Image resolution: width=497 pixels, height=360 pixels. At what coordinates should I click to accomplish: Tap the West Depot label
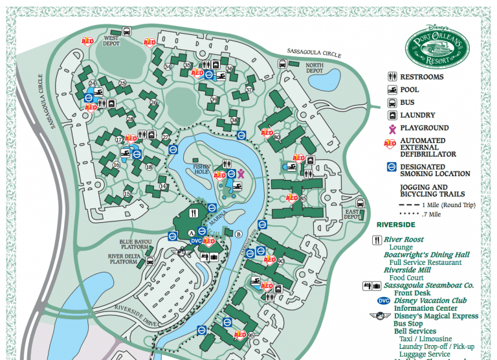113,41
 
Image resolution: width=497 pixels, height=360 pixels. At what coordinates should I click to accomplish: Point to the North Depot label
315,68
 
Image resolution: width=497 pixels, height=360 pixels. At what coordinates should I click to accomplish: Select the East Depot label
353,214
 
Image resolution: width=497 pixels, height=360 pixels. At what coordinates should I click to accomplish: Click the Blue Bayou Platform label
134,245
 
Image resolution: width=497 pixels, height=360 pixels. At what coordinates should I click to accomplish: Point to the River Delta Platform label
124,259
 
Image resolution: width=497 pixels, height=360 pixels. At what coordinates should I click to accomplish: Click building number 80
276,137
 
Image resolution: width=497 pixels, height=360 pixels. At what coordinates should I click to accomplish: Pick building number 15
127,194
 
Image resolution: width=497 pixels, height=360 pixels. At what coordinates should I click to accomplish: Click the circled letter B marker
238,234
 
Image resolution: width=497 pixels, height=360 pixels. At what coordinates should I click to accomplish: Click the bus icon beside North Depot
283,64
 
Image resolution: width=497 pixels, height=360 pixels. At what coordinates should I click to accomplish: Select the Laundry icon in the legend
392,115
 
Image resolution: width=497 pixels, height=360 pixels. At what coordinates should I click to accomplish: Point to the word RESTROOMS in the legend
422,77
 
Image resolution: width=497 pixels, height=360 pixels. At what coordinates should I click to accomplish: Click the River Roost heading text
404,240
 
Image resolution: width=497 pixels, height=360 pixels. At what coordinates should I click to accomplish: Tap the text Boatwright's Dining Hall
426,255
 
